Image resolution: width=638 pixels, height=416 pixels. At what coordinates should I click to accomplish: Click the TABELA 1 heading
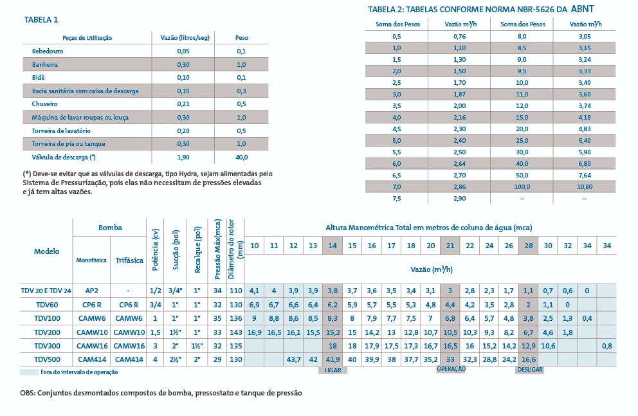pos(41,20)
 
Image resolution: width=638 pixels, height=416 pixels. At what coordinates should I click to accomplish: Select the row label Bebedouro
pos(48,51)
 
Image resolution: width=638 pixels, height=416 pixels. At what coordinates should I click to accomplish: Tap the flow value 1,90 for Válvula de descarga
pos(183,157)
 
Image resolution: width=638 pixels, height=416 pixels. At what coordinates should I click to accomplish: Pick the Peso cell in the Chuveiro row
pos(241,104)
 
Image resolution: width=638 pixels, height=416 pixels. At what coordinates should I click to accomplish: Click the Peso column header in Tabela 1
pos(241,38)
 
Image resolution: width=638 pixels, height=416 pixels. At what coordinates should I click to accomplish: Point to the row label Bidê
pos(39,77)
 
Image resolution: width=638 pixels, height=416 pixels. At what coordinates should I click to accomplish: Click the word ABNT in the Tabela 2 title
pos(583,9)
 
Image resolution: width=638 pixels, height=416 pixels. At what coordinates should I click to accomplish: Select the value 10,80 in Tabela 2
pos(585,187)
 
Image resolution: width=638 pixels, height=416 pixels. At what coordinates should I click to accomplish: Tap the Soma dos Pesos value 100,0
pos(522,187)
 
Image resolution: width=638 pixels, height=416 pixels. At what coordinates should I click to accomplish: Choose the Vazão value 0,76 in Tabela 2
pos(459,37)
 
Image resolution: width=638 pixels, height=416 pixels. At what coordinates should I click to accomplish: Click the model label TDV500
pos(46,359)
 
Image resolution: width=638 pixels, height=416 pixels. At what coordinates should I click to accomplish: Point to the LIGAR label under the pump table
pos(333,370)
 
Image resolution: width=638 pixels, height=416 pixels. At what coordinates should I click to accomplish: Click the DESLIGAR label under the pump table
pos(529,370)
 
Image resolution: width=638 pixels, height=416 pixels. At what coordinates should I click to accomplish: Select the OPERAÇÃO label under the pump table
pos(451,369)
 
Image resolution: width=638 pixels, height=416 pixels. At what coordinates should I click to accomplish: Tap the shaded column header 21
pos(451,246)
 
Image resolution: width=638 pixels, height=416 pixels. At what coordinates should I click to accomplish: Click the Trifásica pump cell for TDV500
pos(129,359)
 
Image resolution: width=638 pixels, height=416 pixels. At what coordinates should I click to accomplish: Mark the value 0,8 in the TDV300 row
pos(607,345)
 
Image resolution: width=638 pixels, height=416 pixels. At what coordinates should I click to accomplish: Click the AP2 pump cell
pos(91,291)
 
